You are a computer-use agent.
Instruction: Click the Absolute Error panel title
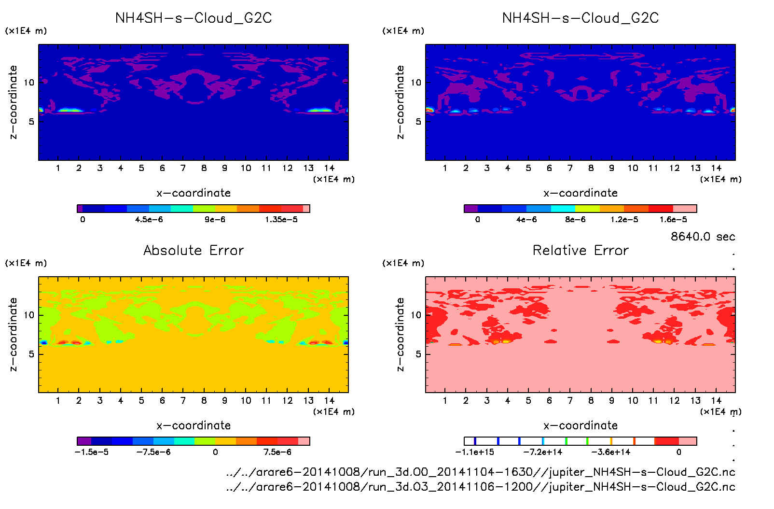click(x=193, y=250)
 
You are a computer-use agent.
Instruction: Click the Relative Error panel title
click(x=580, y=250)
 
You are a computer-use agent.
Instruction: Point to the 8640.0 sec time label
click(x=703, y=237)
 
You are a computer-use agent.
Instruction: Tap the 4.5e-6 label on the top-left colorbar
click(x=149, y=220)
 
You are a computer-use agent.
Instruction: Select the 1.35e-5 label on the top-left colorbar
click(x=281, y=220)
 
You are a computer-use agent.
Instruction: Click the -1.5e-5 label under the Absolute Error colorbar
click(x=92, y=452)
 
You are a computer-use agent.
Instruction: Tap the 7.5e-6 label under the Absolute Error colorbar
click(x=277, y=452)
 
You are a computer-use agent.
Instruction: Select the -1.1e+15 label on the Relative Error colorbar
click(x=475, y=452)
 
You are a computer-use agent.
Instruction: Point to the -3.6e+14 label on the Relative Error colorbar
click(x=611, y=452)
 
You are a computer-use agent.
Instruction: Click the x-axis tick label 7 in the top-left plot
click(x=183, y=168)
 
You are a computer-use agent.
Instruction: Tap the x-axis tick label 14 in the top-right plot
click(x=716, y=168)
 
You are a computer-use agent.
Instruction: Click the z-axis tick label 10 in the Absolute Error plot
click(x=29, y=315)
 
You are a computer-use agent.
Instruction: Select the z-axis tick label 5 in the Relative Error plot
click(x=418, y=354)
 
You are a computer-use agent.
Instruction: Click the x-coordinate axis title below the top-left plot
click(x=193, y=193)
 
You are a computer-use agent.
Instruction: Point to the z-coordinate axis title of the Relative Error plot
click(x=400, y=334)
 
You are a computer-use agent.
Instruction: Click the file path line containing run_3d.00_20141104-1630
click(x=481, y=472)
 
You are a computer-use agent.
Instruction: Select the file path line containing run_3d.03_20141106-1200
click(x=481, y=487)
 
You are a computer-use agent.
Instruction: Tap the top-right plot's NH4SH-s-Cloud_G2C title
click(x=580, y=18)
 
